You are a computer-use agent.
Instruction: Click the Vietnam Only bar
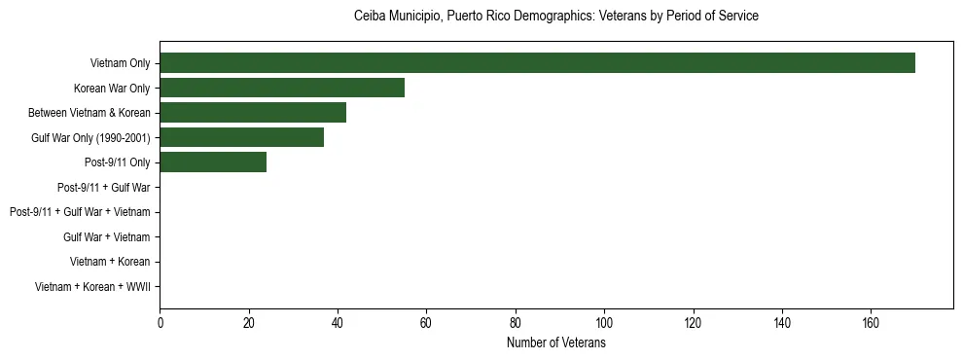coord(537,63)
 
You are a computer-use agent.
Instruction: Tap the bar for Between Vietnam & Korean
coord(253,113)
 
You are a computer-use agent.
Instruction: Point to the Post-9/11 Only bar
coord(213,162)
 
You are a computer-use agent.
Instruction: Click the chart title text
coord(555,17)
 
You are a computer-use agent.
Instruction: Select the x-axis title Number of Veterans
coord(555,343)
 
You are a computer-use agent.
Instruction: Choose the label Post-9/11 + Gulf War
coord(103,187)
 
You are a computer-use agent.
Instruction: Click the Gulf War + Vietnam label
coord(106,236)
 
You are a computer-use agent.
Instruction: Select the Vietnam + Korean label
coord(110,262)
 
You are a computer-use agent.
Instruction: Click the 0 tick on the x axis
coord(160,323)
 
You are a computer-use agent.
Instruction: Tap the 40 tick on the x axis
coord(338,323)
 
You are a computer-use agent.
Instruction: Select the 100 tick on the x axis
coord(604,323)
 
